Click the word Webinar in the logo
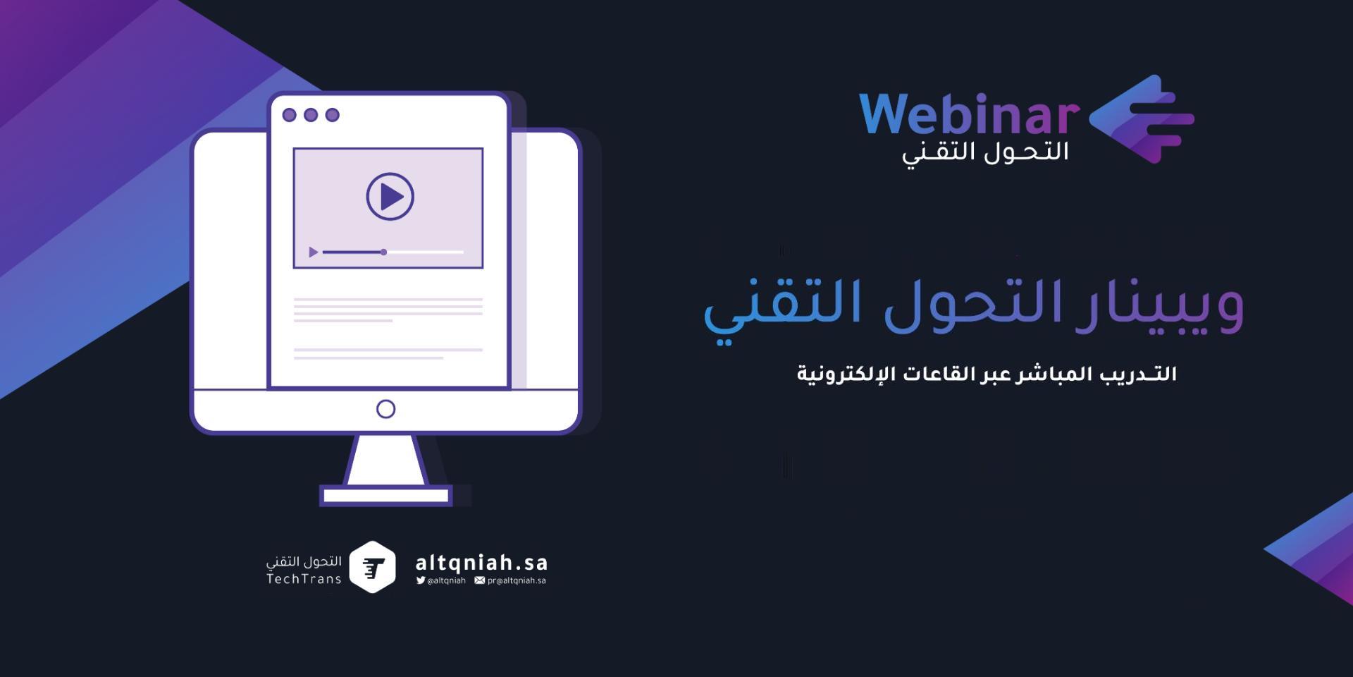[969, 114]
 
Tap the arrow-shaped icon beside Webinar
[1142, 118]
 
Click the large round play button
[390, 197]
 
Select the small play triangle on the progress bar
[314, 252]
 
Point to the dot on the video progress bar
[383, 252]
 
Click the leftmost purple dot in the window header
[289, 115]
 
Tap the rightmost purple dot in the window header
[333, 115]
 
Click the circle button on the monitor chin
[385, 409]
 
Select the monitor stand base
[385, 496]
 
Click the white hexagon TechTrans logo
[372, 567]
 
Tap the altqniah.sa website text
[481, 563]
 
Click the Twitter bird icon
[421, 580]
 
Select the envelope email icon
[480, 580]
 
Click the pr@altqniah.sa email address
[517, 580]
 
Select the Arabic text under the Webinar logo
[985, 153]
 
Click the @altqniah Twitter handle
[446, 580]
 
